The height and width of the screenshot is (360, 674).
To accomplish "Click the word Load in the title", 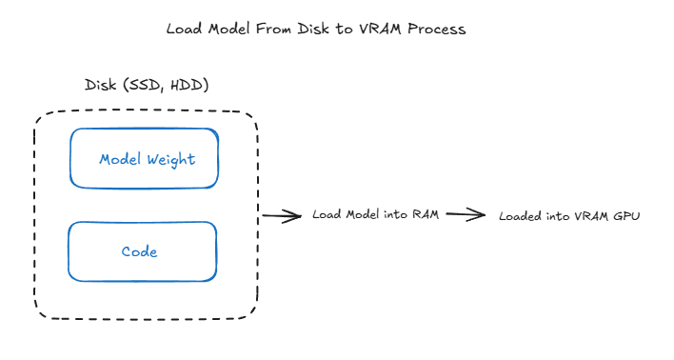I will coord(184,29).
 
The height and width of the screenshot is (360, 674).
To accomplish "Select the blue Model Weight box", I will coord(144,158).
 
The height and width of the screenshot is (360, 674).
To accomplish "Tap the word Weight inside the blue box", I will coord(171,159).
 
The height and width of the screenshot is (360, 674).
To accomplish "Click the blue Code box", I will coord(142,251).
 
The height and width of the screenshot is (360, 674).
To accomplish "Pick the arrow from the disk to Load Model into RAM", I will coord(282,216).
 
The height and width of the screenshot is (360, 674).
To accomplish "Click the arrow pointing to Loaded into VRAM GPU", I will coord(466,214).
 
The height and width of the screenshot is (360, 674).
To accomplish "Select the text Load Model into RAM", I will coord(375,214).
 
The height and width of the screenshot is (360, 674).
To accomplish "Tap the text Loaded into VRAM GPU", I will coord(569,216).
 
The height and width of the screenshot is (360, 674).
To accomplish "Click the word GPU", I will coord(626,216).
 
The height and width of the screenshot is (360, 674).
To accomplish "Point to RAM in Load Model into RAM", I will coord(425,214).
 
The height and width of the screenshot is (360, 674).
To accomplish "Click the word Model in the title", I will coord(229,29).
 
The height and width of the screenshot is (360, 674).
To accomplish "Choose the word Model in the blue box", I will coord(121,159).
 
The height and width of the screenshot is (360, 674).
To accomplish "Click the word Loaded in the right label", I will coord(520,216).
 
